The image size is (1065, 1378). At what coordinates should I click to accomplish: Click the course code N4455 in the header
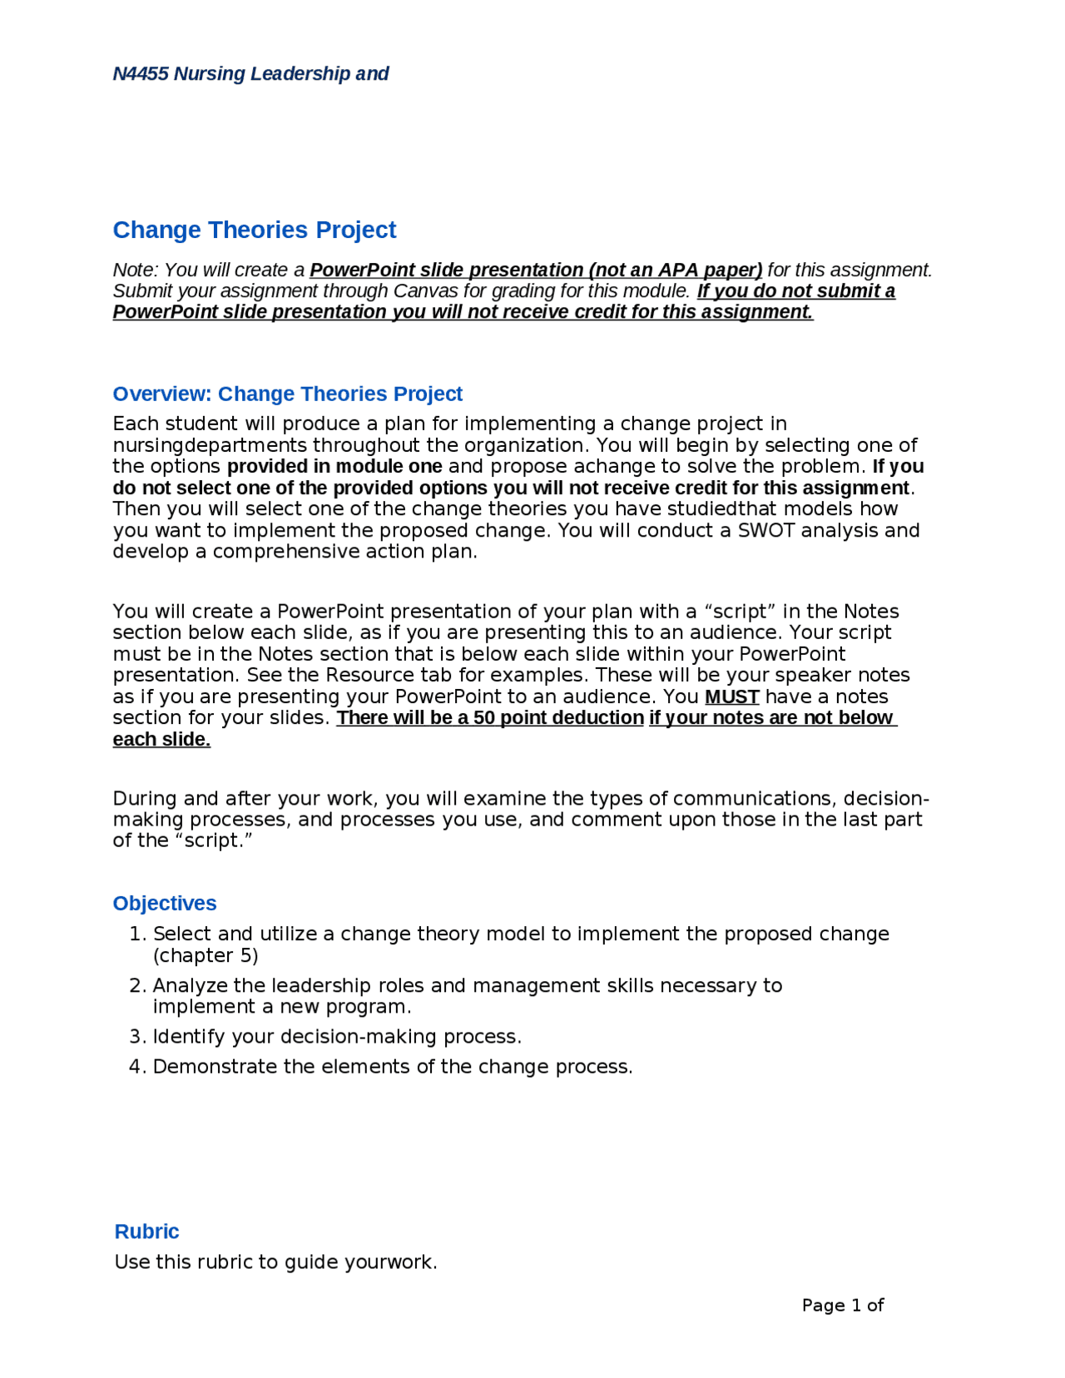(x=141, y=73)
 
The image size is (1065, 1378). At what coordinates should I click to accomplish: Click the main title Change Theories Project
(x=254, y=230)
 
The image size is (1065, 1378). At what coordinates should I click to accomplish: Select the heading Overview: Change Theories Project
(x=287, y=394)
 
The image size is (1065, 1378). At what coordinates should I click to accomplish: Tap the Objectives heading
(x=165, y=903)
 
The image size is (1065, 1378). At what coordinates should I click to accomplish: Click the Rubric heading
(x=146, y=1231)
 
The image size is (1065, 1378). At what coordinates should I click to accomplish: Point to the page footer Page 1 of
(x=842, y=1305)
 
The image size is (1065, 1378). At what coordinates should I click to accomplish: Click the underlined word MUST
(x=731, y=696)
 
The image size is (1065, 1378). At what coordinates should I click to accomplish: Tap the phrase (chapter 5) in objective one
(x=206, y=955)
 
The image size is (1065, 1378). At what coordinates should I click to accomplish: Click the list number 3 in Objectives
(x=136, y=1036)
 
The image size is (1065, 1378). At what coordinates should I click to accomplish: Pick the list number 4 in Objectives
(x=136, y=1066)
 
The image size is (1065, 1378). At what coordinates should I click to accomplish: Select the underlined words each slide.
(x=161, y=739)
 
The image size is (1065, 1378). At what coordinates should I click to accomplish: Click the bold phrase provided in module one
(x=334, y=466)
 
